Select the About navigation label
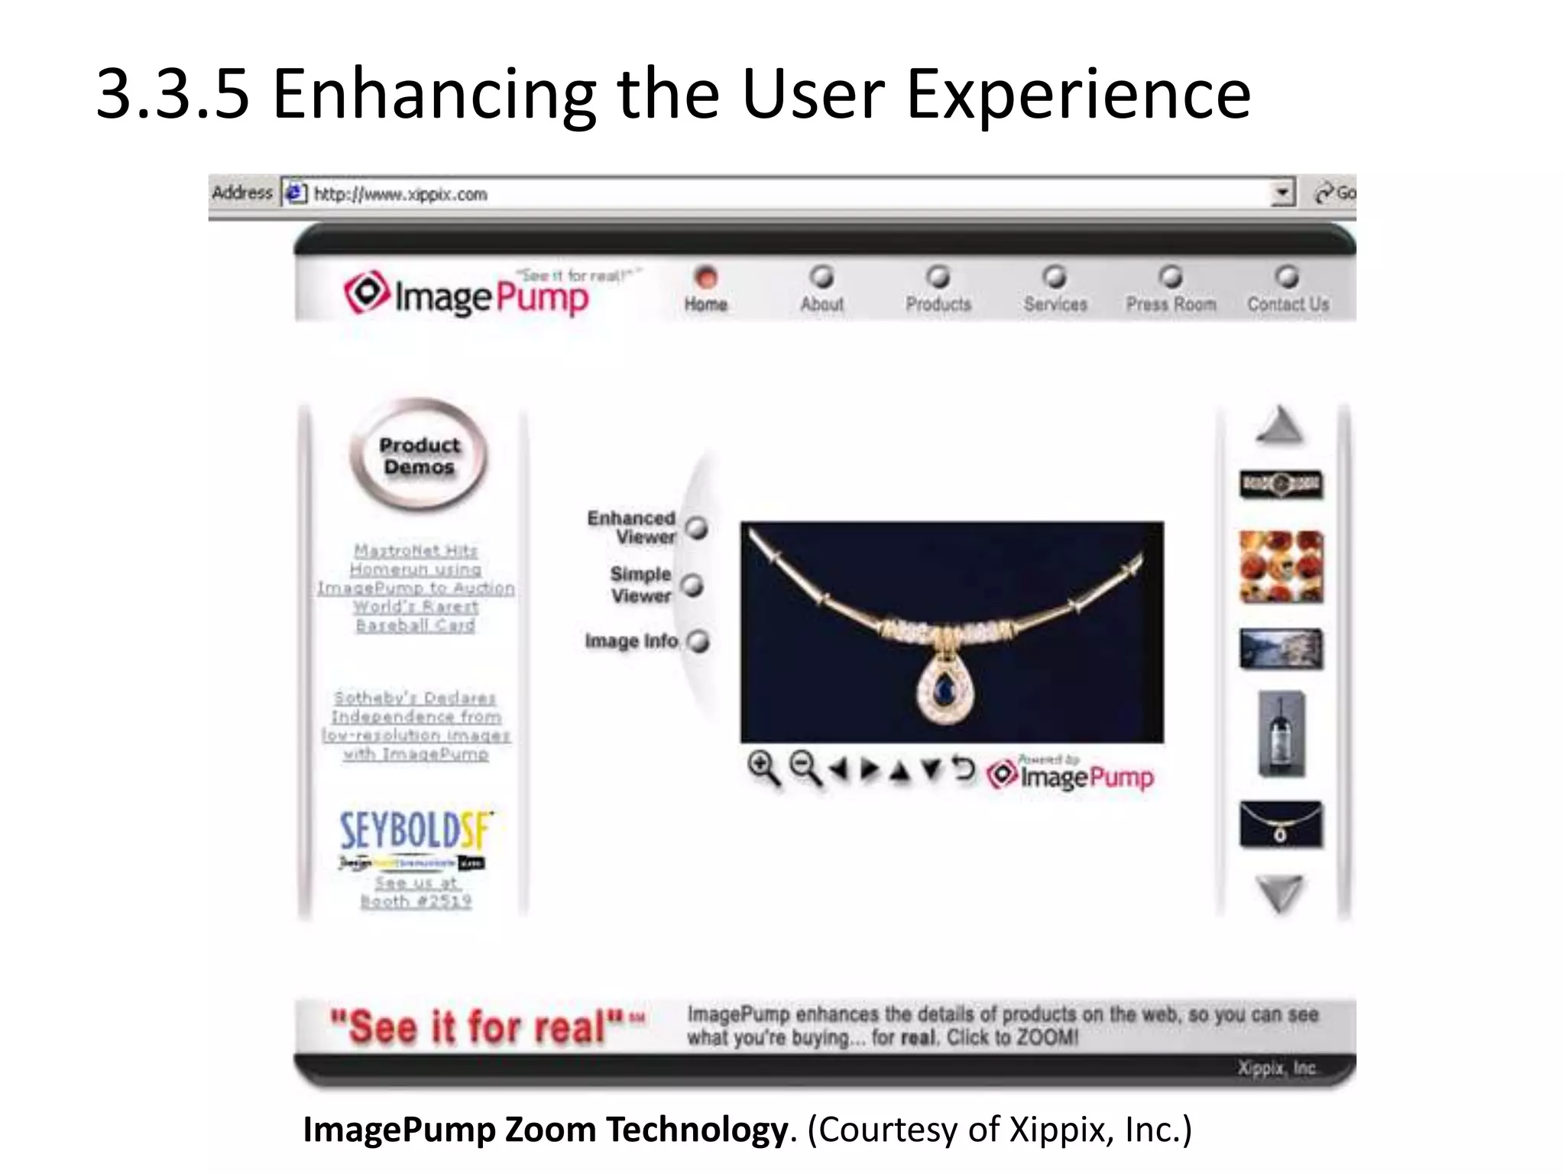(821, 303)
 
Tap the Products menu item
(938, 303)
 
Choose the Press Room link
(1171, 303)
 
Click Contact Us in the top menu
(1288, 303)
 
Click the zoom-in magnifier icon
(763, 768)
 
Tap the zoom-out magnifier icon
(805, 768)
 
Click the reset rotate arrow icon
(964, 768)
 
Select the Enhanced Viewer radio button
(697, 528)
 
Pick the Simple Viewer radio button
(692, 585)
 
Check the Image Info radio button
(698, 641)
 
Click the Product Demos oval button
(419, 456)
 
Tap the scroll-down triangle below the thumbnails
(1280, 893)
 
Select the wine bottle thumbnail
(1281, 735)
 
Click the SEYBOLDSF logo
(416, 831)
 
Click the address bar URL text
(400, 194)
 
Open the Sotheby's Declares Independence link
(416, 725)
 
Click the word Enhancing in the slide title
(434, 95)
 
